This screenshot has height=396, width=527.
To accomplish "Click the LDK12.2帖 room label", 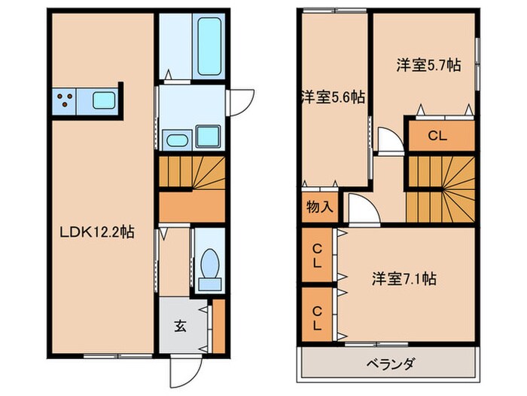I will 98,233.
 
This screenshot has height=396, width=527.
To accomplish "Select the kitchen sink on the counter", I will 103,100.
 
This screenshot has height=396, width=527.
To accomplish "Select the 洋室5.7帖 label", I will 429,66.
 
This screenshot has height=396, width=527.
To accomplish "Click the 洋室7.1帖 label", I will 404,278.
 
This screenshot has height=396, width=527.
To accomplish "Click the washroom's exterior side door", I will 240,101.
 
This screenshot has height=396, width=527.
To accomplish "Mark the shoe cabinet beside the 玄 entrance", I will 218,326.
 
